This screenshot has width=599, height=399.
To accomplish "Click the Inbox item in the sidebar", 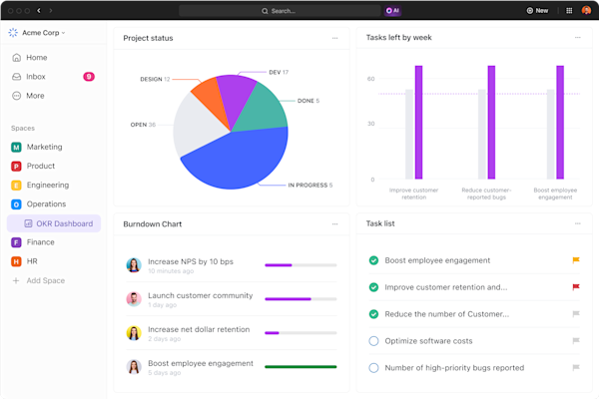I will click(36, 76).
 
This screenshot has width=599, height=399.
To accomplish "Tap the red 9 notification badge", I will click(89, 76).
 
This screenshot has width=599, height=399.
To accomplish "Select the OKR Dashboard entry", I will click(64, 223).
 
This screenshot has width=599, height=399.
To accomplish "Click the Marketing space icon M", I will click(16, 147).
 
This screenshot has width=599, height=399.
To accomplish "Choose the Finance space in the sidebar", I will click(41, 242).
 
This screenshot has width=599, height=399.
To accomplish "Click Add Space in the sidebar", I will click(45, 280).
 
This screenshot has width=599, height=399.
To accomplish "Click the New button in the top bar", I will click(537, 10).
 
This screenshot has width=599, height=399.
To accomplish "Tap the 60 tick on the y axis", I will click(370, 78).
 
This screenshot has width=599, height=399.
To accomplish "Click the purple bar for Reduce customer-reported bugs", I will click(491, 122).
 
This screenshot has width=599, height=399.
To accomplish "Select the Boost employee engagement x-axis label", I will click(554, 194).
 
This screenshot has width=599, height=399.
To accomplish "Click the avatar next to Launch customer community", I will click(134, 299).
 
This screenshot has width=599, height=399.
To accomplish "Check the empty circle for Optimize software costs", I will click(373, 341).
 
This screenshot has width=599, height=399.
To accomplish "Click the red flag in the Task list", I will click(575, 287).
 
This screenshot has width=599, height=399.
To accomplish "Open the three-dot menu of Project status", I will click(335, 38).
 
